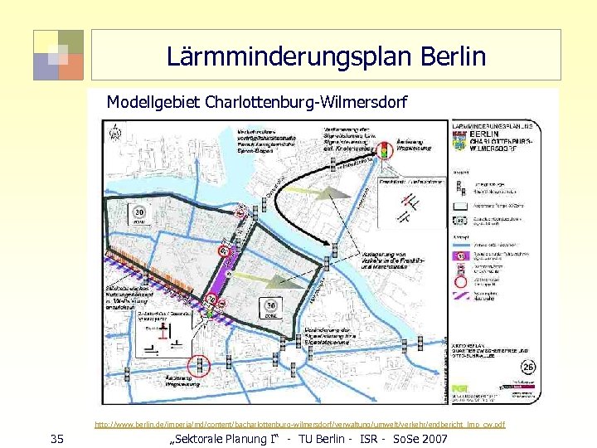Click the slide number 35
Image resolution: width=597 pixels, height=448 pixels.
click(x=56, y=437)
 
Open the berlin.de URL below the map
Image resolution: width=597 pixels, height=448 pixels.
click(x=299, y=425)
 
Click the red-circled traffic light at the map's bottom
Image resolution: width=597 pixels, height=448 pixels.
click(x=198, y=364)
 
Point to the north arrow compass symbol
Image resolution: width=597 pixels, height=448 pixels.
click(x=116, y=131)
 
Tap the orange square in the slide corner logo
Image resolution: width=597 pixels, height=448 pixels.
click(x=71, y=67)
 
